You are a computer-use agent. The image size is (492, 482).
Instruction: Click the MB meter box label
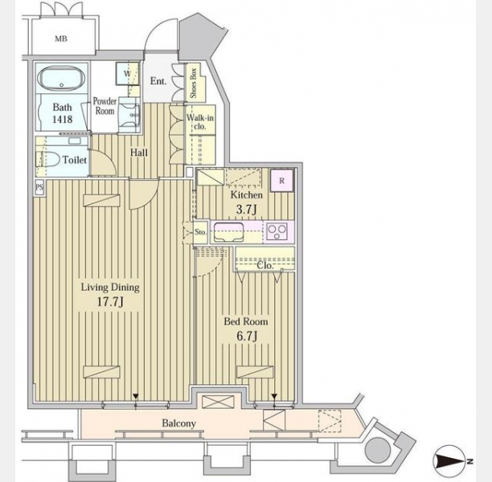(x=61, y=39)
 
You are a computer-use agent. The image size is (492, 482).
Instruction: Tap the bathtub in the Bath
(x=61, y=79)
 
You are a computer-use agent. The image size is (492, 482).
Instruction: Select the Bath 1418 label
(x=62, y=113)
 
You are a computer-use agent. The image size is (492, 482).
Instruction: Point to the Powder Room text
(x=105, y=106)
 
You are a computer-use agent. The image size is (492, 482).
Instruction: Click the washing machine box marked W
(x=127, y=74)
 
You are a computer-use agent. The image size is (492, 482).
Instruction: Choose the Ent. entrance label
(x=158, y=81)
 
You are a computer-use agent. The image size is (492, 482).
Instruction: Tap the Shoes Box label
(x=193, y=83)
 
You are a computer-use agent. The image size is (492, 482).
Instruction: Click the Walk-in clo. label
(x=200, y=122)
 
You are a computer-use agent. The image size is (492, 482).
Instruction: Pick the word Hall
(x=139, y=153)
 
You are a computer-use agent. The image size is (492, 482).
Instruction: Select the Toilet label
(x=75, y=160)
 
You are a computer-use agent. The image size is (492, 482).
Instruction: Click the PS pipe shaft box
(x=39, y=187)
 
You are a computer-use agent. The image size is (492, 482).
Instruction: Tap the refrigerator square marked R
(x=281, y=180)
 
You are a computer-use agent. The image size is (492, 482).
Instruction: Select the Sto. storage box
(x=200, y=232)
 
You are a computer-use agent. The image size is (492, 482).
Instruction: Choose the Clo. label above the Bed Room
(x=265, y=266)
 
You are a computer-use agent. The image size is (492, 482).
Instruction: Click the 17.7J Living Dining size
(x=110, y=302)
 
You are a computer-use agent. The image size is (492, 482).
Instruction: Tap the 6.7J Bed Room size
(x=248, y=336)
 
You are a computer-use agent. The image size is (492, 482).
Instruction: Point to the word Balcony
(x=178, y=423)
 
